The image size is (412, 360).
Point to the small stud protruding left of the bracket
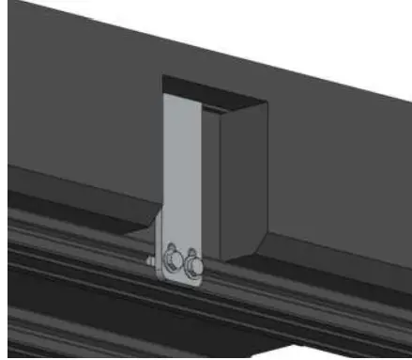click(151, 258)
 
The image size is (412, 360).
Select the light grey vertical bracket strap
click(180, 169)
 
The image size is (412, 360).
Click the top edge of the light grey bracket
click(180, 95)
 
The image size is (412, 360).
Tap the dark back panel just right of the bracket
click(211, 188)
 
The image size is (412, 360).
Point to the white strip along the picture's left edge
click(3, 188)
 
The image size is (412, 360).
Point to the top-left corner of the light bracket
click(164, 95)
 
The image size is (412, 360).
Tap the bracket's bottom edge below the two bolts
click(183, 279)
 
